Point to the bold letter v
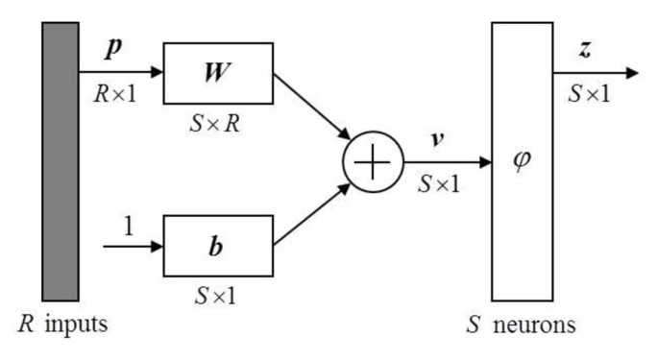(437, 137)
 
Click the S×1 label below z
(586, 94)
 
